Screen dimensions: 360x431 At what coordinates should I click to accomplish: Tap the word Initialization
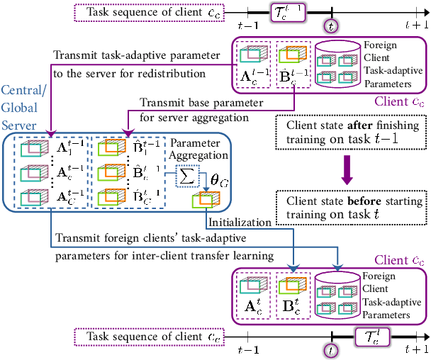(x=230, y=221)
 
